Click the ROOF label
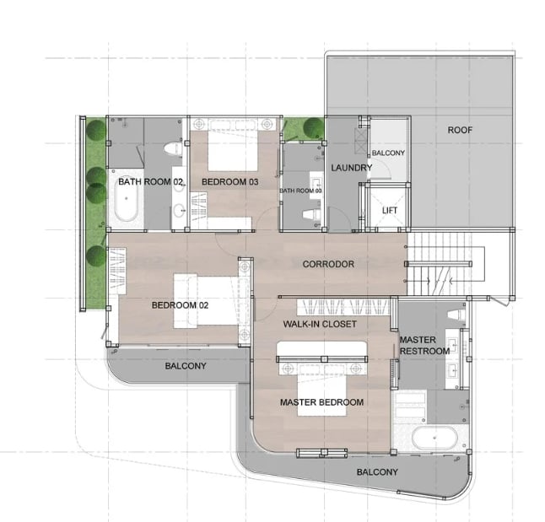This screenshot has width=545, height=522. pyautogui.click(x=460, y=130)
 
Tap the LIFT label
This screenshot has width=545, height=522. pyautogui.click(x=389, y=210)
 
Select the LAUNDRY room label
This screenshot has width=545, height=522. pyautogui.click(x=352, y=168)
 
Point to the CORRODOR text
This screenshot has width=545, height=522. pyautogui.click(x=328, y=264)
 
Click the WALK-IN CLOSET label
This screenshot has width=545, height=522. pyautogui.click(x=320, y=324)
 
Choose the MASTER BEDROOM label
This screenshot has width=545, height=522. pyautogui.click(x=322, y=402)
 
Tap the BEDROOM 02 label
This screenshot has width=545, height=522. pyautogui.click(x=180, y=305)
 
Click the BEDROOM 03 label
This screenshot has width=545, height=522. pyautogui.click(x=230, y=182)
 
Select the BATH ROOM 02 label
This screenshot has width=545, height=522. pyautogui.click(x=150, y=181)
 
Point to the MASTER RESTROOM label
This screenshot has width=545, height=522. pyautogui.click(x=424, y=346)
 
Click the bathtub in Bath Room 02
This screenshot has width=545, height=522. pyautogui.click(x=127, y=199)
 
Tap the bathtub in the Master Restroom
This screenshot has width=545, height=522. pyautogui.click(x=434, y=438)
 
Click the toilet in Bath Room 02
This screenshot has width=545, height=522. pyautogui.click(x=173, y=148)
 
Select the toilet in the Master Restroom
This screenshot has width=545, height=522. pyautogui.click(x=456, y=315)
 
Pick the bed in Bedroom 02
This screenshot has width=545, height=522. pyautogui.click(x=206, y=301)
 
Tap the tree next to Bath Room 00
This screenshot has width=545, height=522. pyautogui.click(x=313, y=127)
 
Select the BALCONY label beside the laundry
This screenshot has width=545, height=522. pyautogui.click(x=388, y=153)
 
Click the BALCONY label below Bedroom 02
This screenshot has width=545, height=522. pyautogui.click(x=186, y=366)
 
